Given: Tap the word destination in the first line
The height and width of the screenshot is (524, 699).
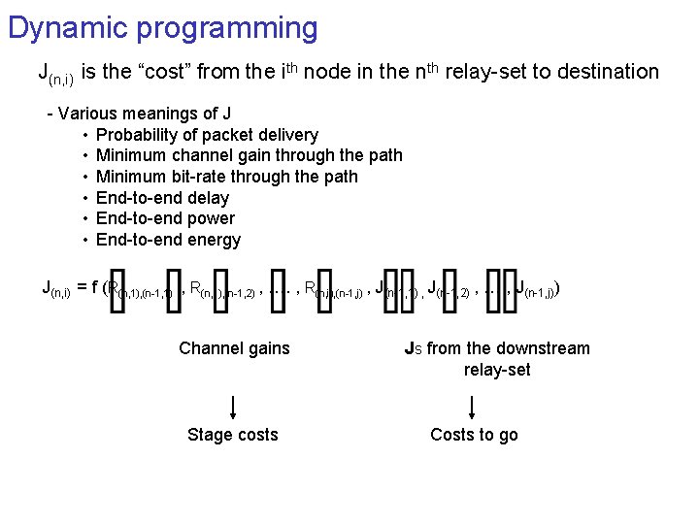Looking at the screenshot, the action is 602,71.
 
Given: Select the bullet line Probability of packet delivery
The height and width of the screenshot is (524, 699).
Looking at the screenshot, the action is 207,135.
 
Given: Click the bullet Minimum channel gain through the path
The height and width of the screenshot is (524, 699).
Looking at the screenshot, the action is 249,155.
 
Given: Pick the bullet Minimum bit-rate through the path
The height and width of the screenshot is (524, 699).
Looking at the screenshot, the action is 226,177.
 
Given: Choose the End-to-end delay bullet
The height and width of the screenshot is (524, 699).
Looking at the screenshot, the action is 162,198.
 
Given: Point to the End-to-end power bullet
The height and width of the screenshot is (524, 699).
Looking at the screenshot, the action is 165,218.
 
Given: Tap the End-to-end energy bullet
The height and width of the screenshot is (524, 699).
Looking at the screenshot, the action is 168,240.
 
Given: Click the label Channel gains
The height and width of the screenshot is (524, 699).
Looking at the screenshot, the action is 234,348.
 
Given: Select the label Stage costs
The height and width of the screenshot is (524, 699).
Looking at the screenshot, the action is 232,435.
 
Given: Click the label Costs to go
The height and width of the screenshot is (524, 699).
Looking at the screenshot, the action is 474,435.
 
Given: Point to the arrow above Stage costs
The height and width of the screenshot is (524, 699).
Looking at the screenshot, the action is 233,405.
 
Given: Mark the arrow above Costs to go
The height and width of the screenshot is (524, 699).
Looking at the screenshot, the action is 473,405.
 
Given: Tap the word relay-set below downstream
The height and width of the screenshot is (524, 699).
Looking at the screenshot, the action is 497,370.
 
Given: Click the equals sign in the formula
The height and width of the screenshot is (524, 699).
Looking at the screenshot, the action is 83,286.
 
